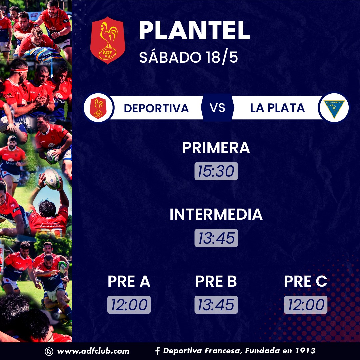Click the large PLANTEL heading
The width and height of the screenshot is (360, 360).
(x=194, y=31)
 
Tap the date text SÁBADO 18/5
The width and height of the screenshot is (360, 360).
(x=188, y=57)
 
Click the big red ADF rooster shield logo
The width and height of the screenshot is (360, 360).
(x=108, y=40)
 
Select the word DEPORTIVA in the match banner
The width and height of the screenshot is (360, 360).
(x=156, y=108)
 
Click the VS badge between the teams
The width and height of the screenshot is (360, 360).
(x=217, y=107)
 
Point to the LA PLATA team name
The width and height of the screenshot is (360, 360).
(x=277, y=108)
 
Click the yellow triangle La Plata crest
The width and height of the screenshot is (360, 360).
(x=334, y=108)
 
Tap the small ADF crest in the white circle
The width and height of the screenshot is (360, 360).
(x=98, y=107)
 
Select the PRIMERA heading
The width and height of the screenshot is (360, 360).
(x=216, y=148)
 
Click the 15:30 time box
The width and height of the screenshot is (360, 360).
(x=216, y=171)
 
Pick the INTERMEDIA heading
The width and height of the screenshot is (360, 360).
(x=216, y=214)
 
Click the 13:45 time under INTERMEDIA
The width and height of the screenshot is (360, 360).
(x=216, y=238)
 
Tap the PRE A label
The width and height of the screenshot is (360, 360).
(x=129, y=281)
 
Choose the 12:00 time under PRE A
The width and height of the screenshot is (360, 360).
(x=129, y=305)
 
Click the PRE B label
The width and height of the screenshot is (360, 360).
(x=216, y=281)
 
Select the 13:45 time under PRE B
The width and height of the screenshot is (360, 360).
(x=216, y=305)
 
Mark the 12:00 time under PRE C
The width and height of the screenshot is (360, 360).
(x=306, y=305)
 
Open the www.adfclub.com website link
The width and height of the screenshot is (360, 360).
(x=93, y=351)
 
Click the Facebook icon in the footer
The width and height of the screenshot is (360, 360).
(x=157, y=351)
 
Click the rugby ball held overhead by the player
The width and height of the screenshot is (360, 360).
(x=52, y=179)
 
